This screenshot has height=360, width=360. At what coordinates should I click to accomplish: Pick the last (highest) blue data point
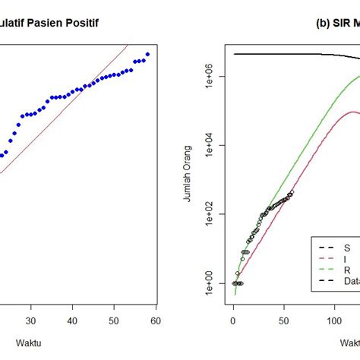click(148, 54)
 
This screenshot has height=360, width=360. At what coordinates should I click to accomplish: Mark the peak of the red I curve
click(353, 112)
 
